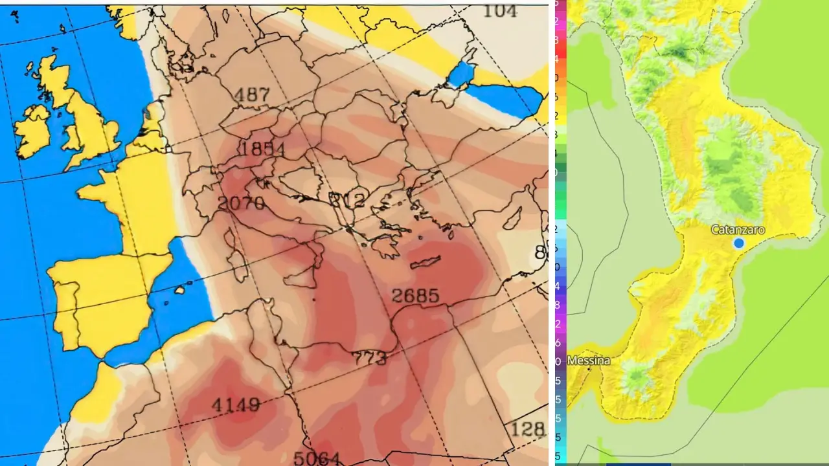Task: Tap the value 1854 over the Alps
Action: [x=262, y=149]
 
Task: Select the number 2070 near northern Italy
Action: [x=241, y=203]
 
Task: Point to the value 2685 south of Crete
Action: [x=415, y=296]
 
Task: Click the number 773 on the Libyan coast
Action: [x=369, y=357]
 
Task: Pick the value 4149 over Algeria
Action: [x=236, y=406]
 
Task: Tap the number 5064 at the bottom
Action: [x=316, y=458]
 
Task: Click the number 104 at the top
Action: [x=500, y=10]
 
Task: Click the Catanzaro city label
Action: [x=738, y=230]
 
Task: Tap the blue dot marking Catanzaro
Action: [x=739, y=243]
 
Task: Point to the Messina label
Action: [x=589, y=361]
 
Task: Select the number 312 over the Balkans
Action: [x=347, y=199]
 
